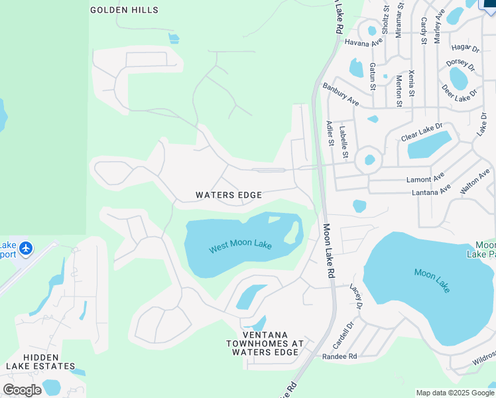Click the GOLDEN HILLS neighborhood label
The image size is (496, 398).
point(124,10)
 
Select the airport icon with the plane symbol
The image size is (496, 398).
point(26,248)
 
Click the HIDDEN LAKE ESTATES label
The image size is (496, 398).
point(40,361)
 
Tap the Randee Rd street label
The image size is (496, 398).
point(340,356)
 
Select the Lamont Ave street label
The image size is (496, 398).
point(424,179)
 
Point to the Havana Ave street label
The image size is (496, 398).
point(363,42)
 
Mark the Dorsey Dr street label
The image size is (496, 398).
point(460,65)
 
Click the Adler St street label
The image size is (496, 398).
point(330,132)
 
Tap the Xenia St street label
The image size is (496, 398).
point(412,84)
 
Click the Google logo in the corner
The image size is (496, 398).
point(22,390)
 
